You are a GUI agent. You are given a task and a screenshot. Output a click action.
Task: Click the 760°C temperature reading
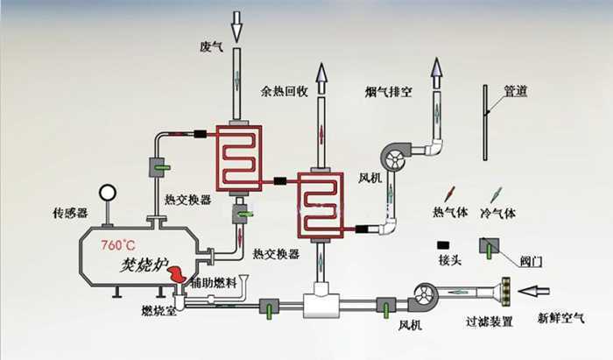[118, 245]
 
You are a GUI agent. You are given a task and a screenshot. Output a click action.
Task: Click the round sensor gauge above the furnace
[108, 193]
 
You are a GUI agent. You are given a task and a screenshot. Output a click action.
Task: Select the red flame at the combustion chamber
[177, 273]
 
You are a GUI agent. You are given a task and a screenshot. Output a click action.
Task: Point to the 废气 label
[212, 47]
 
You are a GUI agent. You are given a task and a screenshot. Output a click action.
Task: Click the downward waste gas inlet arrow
[236, 26]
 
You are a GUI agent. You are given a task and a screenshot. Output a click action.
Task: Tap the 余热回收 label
[285, 91]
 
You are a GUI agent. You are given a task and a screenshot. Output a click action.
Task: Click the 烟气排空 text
[388, 92]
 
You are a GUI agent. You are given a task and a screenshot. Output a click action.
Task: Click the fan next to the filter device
[423, 298]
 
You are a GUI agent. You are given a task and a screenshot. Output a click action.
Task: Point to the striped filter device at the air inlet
[506, 291]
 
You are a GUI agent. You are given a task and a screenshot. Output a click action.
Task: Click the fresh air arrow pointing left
[534, 291]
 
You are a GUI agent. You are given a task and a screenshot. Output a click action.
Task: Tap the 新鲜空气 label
[561, 318]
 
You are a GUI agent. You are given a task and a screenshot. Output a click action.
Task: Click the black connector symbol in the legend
[443, 245]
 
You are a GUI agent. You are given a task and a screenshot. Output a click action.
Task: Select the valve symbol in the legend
[489, 248]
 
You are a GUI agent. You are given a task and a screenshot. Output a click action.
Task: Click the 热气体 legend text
[450, 212]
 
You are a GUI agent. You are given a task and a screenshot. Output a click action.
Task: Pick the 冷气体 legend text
[497, 213]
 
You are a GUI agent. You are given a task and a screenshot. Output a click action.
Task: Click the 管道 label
[516, 91]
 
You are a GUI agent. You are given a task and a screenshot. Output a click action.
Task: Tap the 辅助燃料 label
[214, 282]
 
